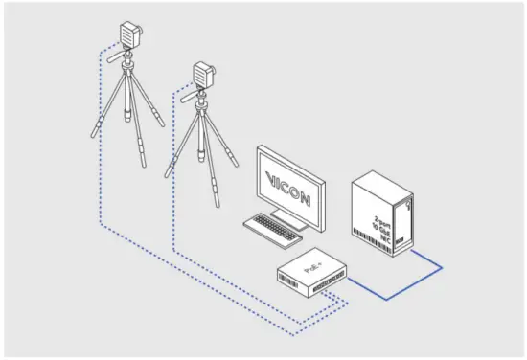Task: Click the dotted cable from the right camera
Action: point(173,191)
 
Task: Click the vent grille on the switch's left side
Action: point(287,279)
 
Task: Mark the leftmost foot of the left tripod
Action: point(92,136)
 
